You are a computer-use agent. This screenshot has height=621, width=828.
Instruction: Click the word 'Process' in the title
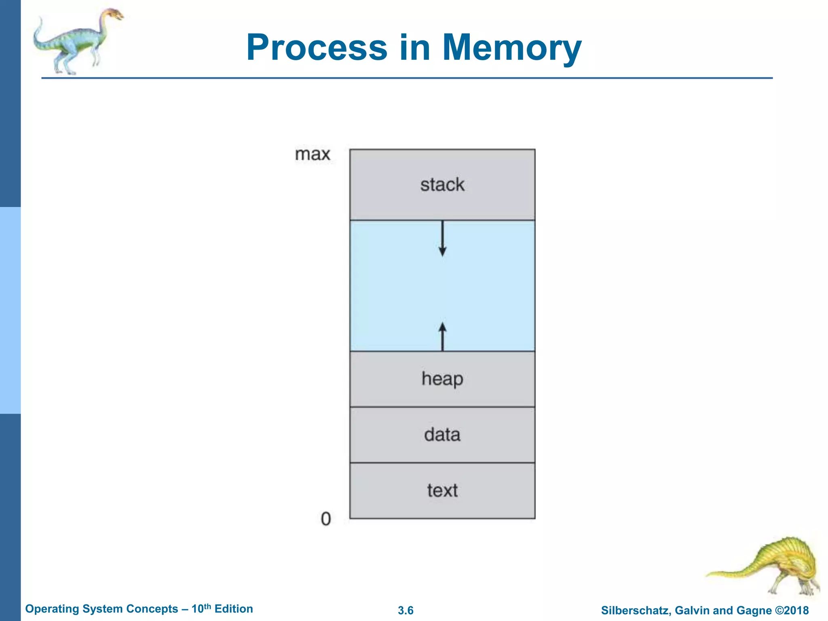point(317,48)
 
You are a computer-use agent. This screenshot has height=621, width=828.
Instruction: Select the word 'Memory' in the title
point(511,48)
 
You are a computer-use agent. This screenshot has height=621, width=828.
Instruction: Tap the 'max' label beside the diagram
point(313,154)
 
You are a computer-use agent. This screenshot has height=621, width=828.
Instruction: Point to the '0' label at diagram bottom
point(325,519)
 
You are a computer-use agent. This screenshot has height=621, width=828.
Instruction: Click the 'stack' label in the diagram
point(442,185)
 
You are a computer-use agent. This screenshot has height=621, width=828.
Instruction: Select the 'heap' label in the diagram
point(442,379)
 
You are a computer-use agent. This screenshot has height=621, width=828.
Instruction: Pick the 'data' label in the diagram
point(442,435)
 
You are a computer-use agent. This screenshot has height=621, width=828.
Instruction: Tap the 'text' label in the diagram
point(442,490)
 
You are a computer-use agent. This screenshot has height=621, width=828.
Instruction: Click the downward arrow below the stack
point(442,239)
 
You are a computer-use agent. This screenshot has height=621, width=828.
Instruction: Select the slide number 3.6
point(406,610)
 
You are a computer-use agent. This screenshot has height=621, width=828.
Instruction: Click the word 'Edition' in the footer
point(234,609)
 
